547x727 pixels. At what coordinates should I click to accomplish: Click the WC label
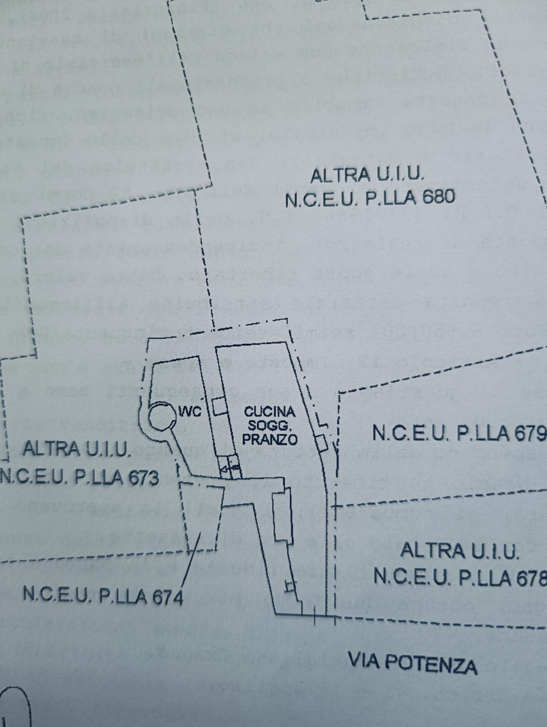point(190,412)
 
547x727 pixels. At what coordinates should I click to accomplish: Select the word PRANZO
point(270,439)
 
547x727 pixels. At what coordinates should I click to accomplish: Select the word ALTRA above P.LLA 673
point(52,448)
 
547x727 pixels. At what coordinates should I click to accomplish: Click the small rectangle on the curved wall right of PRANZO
point(322,443)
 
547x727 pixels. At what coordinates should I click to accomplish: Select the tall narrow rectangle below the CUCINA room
point(283,515)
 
